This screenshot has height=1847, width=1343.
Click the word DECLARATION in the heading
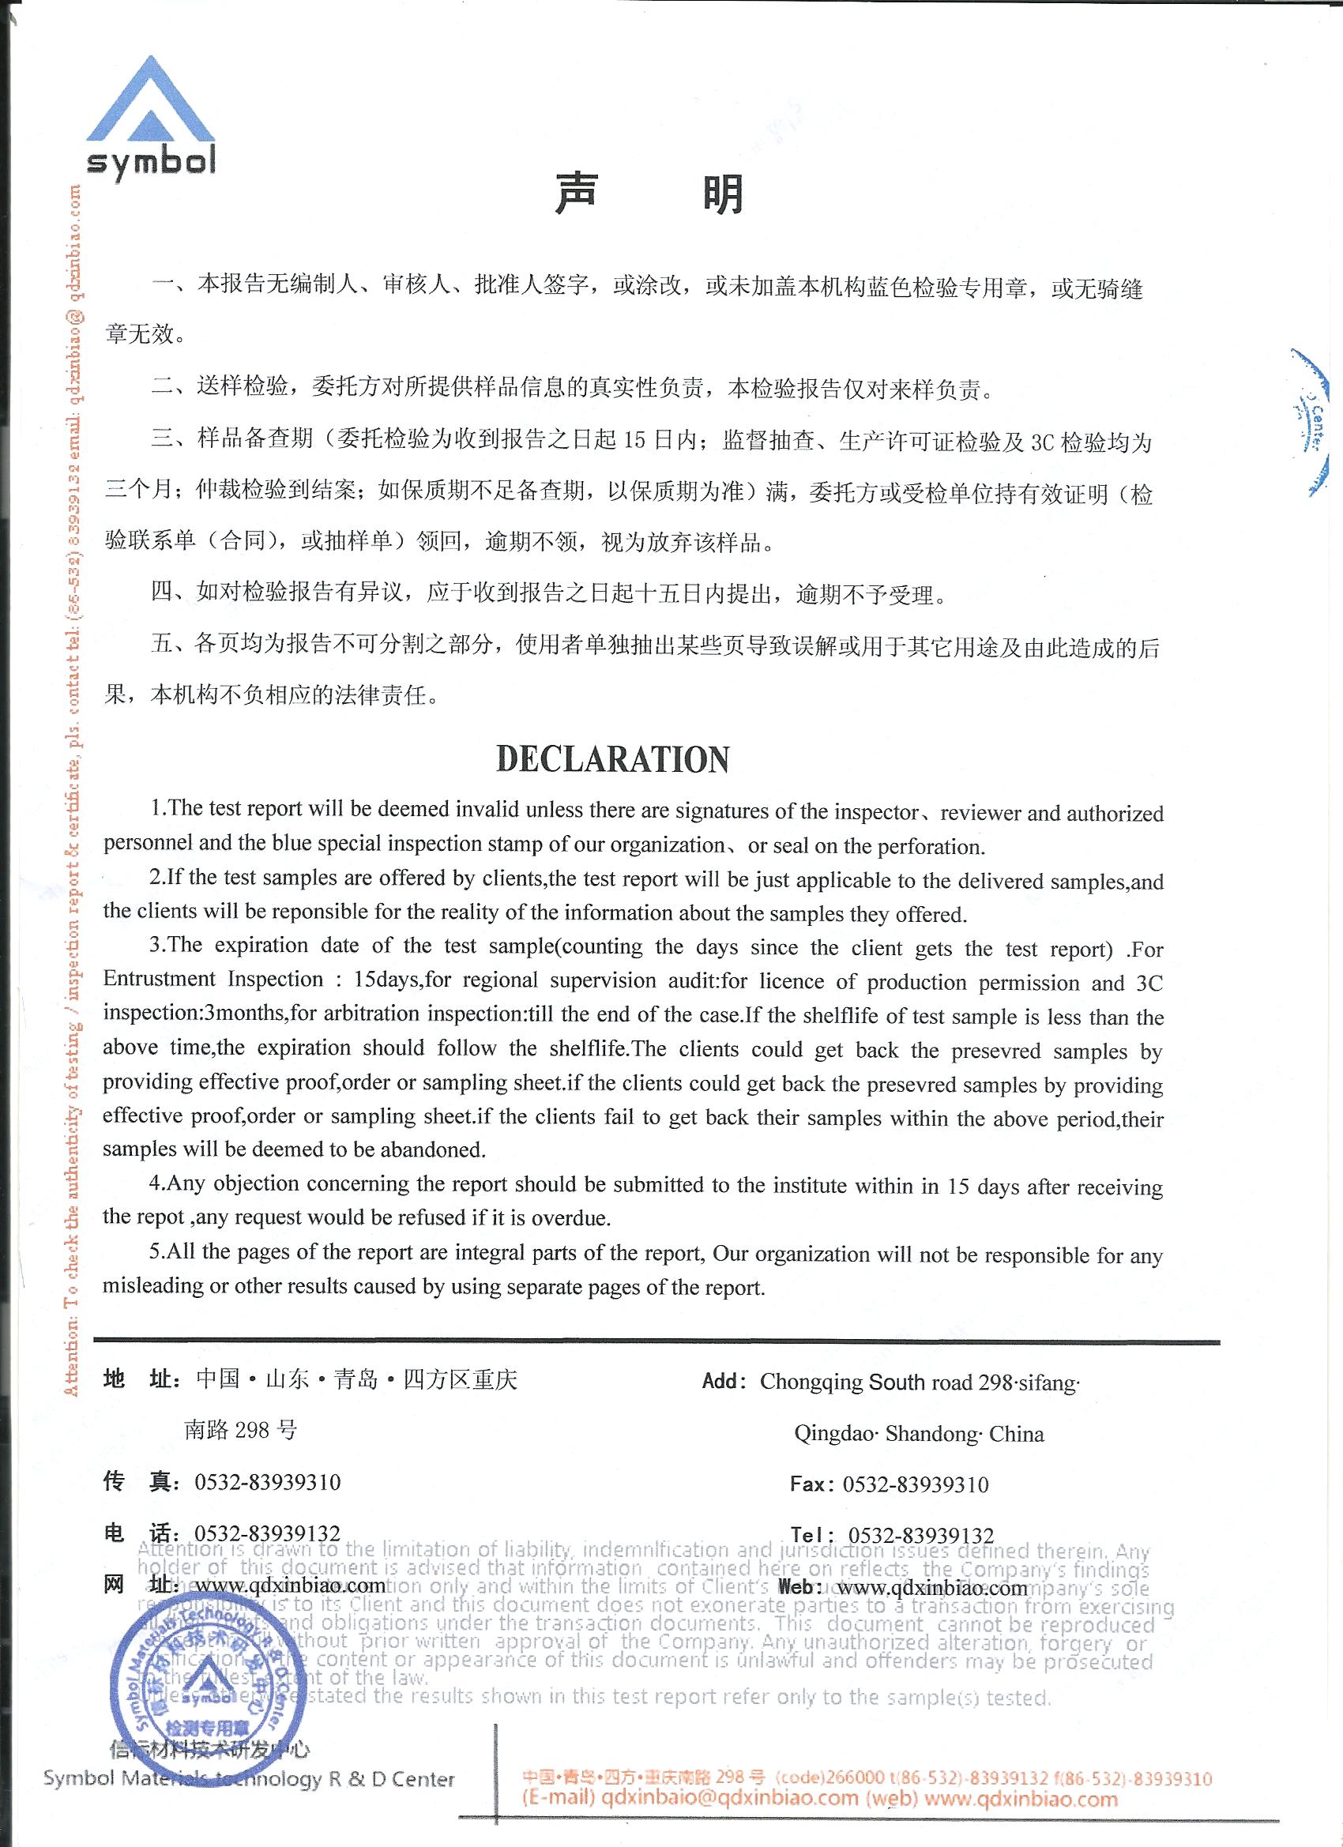click(612, 759)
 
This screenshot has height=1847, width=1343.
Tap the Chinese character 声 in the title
click(576, 194)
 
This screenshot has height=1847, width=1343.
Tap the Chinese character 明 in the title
click(722, 194)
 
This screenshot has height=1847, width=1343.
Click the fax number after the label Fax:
click(916, 1484)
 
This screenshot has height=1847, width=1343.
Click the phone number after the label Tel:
click(920, 1535)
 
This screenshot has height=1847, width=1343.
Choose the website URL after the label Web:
click(932, 1587)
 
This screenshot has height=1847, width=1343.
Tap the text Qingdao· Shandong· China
click(919, 1433)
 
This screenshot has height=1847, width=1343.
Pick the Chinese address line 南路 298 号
click(240, 1429)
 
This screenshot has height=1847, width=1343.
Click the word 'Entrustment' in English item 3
click(160, 980)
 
